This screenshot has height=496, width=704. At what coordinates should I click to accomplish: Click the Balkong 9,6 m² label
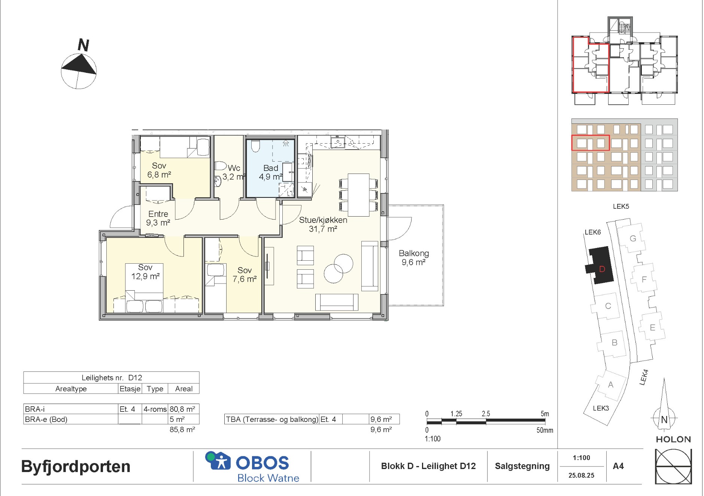(x=414, y=258)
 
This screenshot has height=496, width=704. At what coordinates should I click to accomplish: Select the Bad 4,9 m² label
(x=270, y=172)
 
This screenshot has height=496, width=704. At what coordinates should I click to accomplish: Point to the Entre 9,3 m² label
(x=158, y=218)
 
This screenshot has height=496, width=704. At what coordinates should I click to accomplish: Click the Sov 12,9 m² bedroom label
(x=145, y=272)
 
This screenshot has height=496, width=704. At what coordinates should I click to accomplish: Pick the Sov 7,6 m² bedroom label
(x=245, y=275)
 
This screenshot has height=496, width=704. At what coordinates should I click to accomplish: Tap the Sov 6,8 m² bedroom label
(x=159, y=170)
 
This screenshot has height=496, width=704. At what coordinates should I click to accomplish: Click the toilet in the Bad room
(x=255, y=146)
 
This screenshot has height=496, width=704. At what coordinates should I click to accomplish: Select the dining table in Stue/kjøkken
(x=359, y=195)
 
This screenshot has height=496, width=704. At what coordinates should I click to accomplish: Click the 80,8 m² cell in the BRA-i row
(x=182, y=409)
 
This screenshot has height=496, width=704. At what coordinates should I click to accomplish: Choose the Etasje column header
(x=130, y=389)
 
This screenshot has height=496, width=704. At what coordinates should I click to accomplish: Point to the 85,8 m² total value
(x=182, y=429)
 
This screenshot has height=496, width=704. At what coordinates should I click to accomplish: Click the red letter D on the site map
(x=602, y=269)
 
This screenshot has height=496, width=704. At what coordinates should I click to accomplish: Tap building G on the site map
(x=633, y=238)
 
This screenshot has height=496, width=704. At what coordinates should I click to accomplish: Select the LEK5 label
(x=621, y=206)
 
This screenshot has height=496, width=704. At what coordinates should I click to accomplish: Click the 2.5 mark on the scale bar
(x=486, y=414)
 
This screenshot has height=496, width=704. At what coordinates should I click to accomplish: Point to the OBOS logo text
(x=262, y=463)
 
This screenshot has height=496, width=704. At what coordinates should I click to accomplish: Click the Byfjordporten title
(x=76, y=466)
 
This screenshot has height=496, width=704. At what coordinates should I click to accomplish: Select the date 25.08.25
(x=581, y=475)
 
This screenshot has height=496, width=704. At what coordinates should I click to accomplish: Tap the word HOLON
(x=673, y=440)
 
